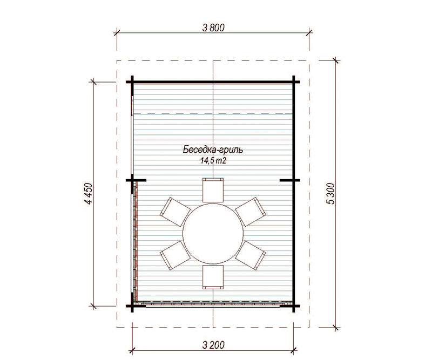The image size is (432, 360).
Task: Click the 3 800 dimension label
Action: point(213,28)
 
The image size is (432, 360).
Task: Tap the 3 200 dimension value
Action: point(213,345)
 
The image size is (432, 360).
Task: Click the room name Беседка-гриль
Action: point(213,150)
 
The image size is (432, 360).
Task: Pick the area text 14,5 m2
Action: point(213,161)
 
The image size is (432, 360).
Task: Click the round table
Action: point(213,233)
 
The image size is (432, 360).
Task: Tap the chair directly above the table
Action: point(213,190)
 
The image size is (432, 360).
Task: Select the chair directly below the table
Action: point(213,277)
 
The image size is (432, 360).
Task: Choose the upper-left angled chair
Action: point(175,212)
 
